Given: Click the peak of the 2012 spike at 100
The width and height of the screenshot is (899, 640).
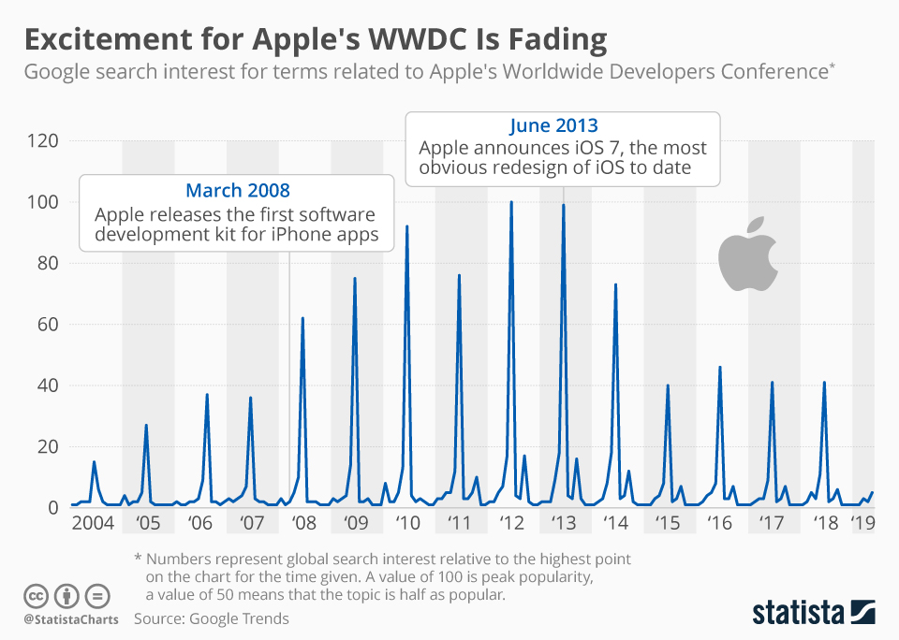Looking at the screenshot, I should pyautogui.click(x=511, y=202).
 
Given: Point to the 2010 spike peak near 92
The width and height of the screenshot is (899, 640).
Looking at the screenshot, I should pyautogui.click(x=406, y=226).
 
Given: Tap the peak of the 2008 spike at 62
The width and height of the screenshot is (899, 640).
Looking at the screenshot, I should pyautogui.click(x=302, y=318).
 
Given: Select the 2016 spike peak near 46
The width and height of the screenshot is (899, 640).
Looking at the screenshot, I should pyautogui.click(x=719, y=367).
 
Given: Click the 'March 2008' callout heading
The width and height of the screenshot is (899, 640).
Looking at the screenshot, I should pyautogui.click(x=237, y=191).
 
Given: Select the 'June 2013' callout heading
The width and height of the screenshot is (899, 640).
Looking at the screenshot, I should pyautogui.click(x=553, y=125).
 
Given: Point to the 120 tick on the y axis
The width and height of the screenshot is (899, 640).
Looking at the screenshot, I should pyautogui.click(x=45, y=140).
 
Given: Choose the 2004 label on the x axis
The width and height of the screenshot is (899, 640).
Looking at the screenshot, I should pyautogui.click(x=92, y=522).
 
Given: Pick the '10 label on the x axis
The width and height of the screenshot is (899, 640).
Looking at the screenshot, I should pyautogui.click(x=408, y=522).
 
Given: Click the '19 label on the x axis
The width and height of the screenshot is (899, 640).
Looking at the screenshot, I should pyautogui.click(x=862, y=522).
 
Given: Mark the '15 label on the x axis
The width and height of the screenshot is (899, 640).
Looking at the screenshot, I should pyautogui.click(x=669, y=522).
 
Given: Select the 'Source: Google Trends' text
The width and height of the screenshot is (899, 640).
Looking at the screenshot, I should pyautogui.click(x=211, y=618).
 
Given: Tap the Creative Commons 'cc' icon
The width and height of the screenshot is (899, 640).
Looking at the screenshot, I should pyautogui.click(x=36, y=595).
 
